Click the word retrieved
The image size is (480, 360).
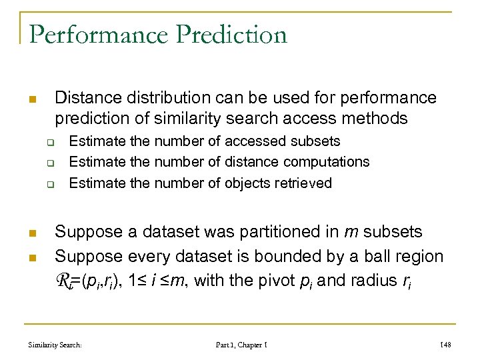(303, 183)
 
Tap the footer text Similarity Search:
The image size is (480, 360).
(55, 345)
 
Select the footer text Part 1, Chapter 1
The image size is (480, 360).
(241, 345)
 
